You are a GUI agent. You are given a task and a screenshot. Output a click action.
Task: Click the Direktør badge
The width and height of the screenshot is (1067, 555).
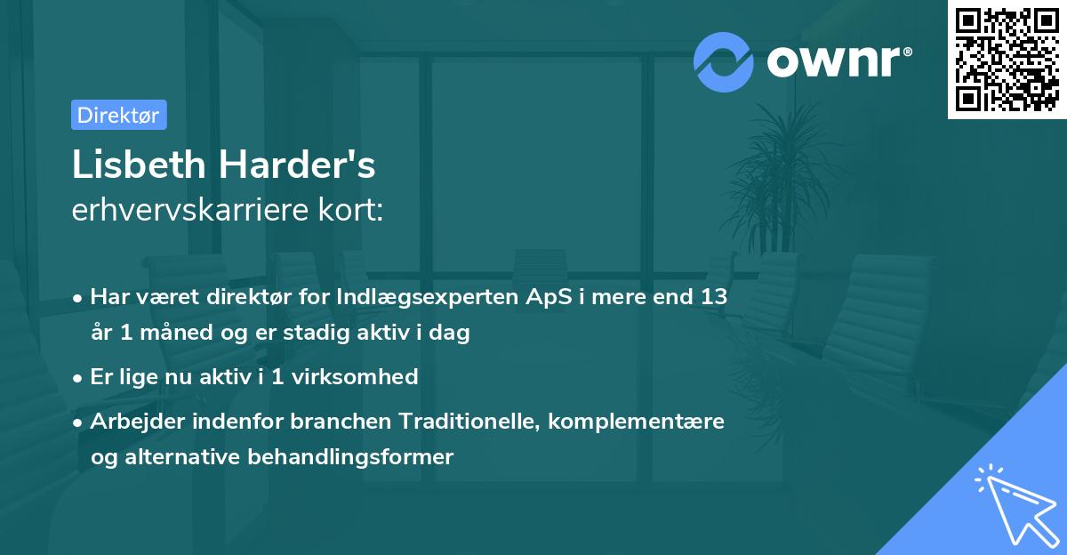(118, 115)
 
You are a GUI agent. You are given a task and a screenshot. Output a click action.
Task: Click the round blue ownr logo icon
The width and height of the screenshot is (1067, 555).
(724, 62)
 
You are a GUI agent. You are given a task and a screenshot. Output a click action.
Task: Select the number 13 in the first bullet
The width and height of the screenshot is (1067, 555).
(713, 297)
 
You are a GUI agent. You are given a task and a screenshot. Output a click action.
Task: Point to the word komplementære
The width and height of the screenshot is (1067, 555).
(637, 421)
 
